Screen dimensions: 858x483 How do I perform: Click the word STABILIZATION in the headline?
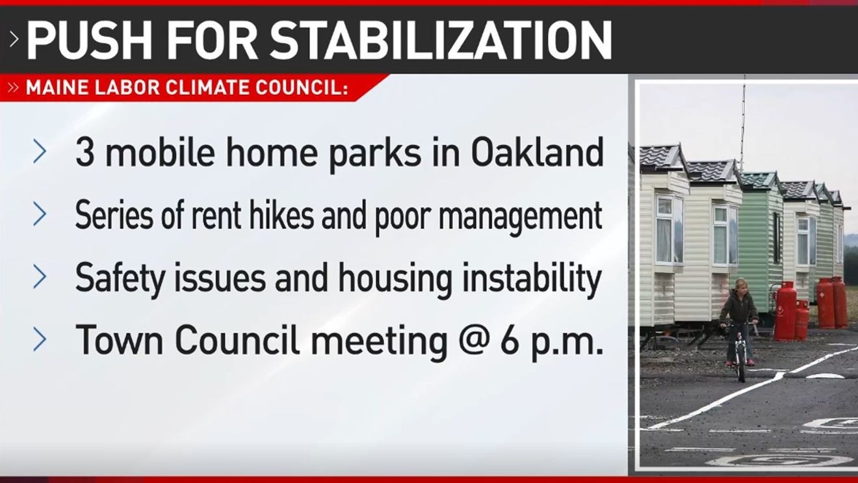[x=441, y=40]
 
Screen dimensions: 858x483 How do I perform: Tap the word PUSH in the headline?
[x=89, y=40]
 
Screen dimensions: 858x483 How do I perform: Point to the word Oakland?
[x=538, y=153]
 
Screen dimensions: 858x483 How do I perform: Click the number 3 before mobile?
[x=84, y=153]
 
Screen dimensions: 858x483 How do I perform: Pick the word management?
[x=520, y=216]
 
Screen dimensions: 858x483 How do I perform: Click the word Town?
[x=120, y=340]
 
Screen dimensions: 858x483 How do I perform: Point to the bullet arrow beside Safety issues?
[x=40, y=277]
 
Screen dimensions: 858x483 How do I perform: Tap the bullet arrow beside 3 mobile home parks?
[x=40, y=151]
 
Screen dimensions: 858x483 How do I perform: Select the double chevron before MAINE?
[x=13, y=88]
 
